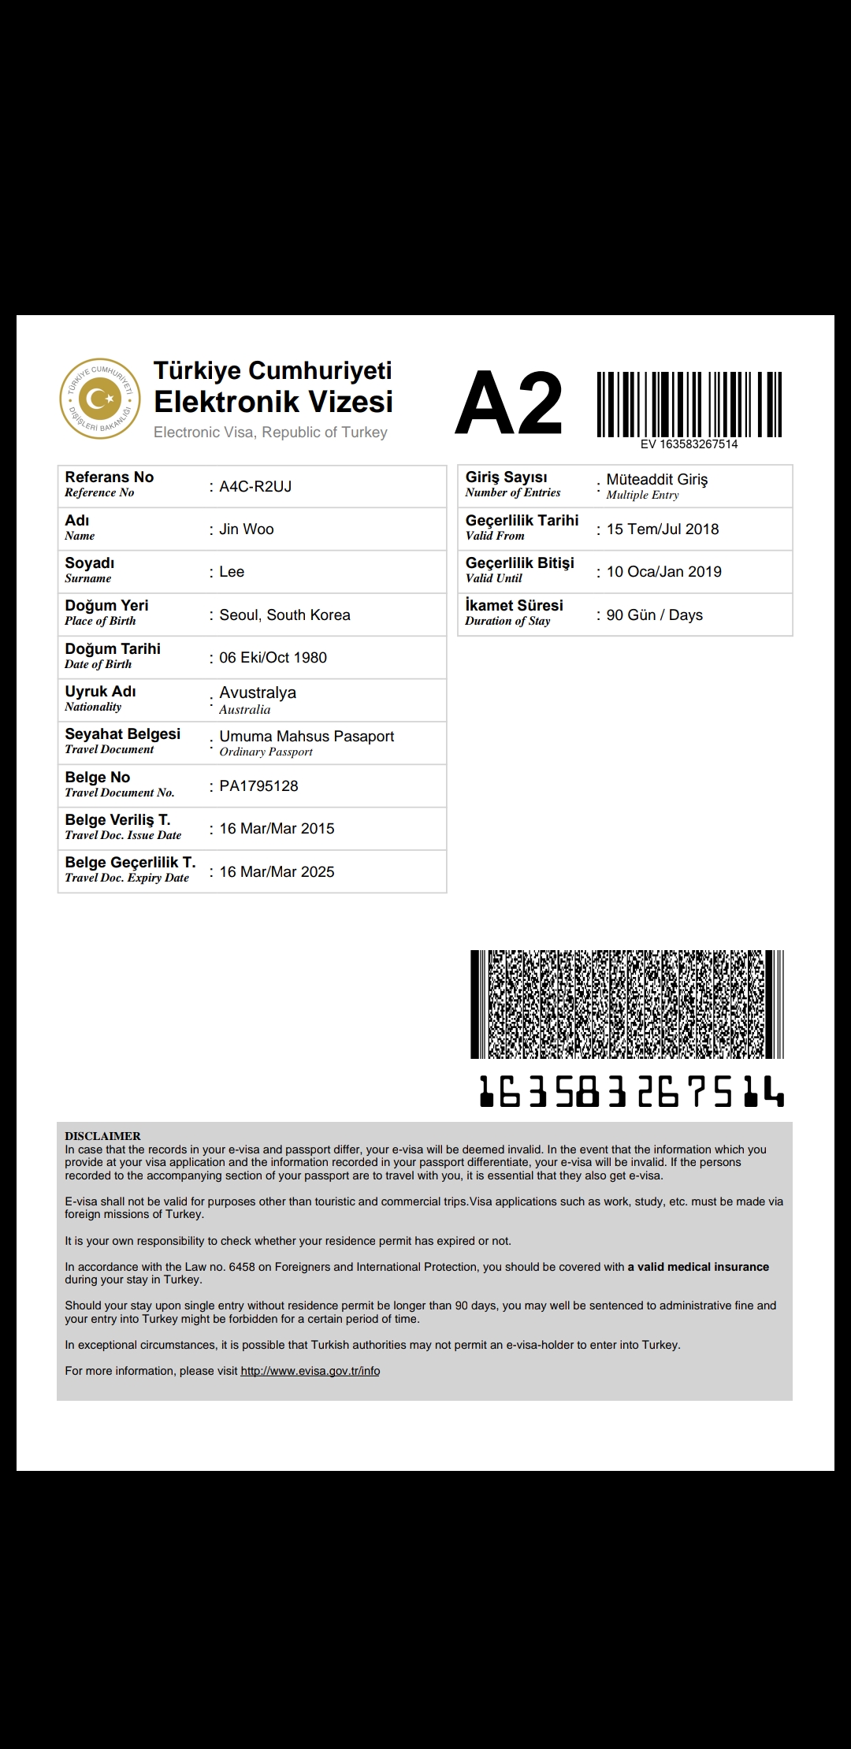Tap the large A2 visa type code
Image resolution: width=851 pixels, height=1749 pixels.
(509, 403)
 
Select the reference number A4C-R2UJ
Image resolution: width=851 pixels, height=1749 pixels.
(255, 487)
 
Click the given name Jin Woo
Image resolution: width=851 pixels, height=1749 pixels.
(247, 529)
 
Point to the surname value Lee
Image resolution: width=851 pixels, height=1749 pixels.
(232, 572)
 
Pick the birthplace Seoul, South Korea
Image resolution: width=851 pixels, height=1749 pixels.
(284, 615)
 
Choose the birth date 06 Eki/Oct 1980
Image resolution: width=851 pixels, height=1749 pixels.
(273, 658)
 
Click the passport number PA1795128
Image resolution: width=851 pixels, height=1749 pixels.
(258, 786)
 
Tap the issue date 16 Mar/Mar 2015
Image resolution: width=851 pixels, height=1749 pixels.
(277, 829)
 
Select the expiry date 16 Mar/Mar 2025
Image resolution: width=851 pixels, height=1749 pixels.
(277, 872)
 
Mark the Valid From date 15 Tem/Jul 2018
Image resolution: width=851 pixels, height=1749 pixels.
(663, 529)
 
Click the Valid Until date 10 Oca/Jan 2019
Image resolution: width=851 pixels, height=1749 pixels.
(663, 572)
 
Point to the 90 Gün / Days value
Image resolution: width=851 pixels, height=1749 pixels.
(654, 615)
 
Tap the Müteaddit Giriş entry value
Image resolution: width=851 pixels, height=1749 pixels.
(657, 480)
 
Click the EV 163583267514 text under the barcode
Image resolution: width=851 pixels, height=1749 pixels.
(689, 444)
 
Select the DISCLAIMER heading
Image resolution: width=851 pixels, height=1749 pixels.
(102, 1136)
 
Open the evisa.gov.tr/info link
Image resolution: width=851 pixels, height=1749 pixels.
(310, 1371)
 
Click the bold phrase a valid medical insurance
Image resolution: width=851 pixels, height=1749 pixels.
(698, 1267)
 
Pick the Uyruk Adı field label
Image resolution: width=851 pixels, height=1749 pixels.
(100, 692)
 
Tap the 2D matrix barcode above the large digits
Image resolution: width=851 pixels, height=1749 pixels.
(627, 1004)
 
